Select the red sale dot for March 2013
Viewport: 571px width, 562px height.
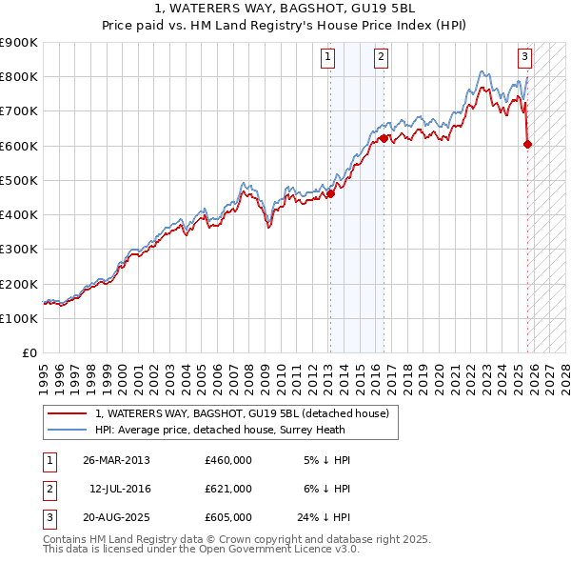(x=331, y=193)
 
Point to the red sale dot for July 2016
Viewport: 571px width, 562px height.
(x=384, y=138)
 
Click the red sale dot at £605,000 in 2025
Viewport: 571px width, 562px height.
(x=528, y=144)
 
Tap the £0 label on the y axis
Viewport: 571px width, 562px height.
(x=29, y=352)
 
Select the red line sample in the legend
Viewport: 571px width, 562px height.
(x=67, y=413)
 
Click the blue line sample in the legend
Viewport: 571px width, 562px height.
(x=67, y=430)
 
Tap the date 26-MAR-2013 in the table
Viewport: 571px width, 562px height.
(x=116, y=460)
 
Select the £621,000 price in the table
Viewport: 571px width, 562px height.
(x=227, y=489)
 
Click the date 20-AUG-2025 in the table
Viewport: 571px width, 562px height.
(x=116, y=517)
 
